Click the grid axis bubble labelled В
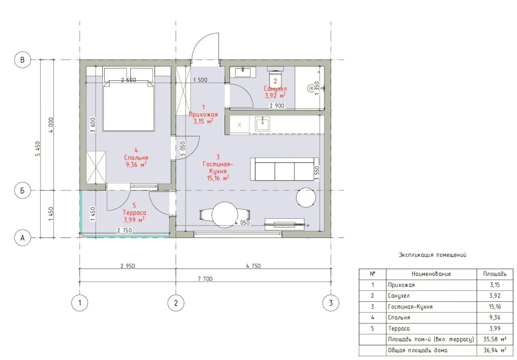pyautogui.click(x=22, y=60)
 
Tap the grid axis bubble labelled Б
pyautogui.click(x=22, y=191)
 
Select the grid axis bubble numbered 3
pyautogui.click(x=331, y=303)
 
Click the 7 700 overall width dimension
pyautogui.click(x=205, y=279)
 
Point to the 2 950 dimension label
pyautogui.click(x=128, y=266)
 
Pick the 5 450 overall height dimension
pyautogui.click(x=38, y=149)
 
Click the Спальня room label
pyautogui.click(x=136, y=158)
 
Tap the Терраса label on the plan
pyautogui.click(x=135, y=213)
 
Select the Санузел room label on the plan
pyautogui.click(x=275, y=88)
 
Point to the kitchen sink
pyautogui.click(x=263, y=124)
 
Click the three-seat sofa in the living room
pyautogui.click(x=285, y=169)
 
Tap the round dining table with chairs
pyautogui.click(x=225, y=215)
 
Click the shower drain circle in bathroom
pyautogui.click(x=311, y=88)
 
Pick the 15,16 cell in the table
pyautogui.click(x=495, y=307)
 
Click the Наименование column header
pyautogui.click(x=431, y=274)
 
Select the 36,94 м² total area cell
pyautogui.click(x=495, y=350)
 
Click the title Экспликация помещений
pyautogui.click(x=432, y=255)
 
